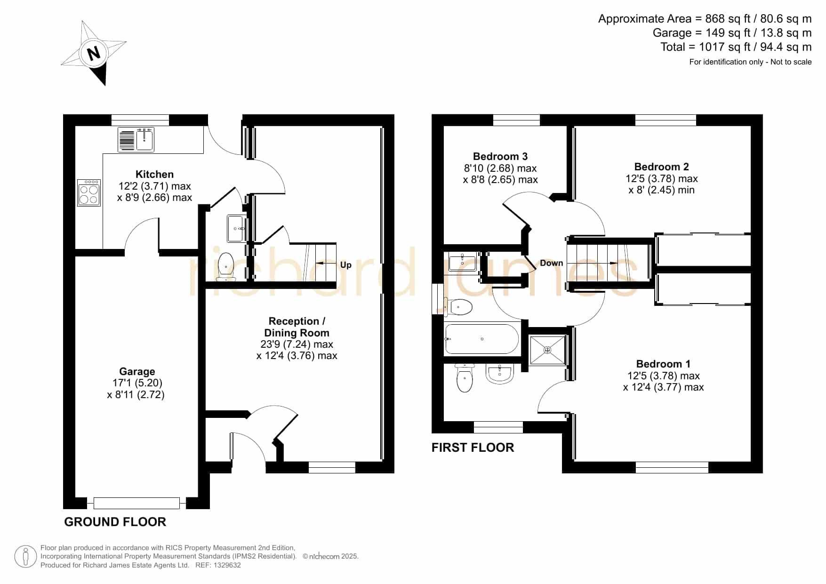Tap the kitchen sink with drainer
click(136, 139)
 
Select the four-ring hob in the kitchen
click(89, 192)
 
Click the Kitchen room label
click(154, 174)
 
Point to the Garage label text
click(137, 371)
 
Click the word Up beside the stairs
click(346, 264)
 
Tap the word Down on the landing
click(552, 263)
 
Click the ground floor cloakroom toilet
click(226, 267)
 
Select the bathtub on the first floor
click(482, 339)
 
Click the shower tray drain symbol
click(547, 350)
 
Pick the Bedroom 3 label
click(500, 156)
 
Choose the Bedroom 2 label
click(661, 167)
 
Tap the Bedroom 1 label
click(663, 364)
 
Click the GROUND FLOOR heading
click(115, 521)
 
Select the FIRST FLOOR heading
click(473, 447)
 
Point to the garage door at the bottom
click(137, 503)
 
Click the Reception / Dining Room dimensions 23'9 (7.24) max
click(297, 344)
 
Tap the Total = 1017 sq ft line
click(736, 47)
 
